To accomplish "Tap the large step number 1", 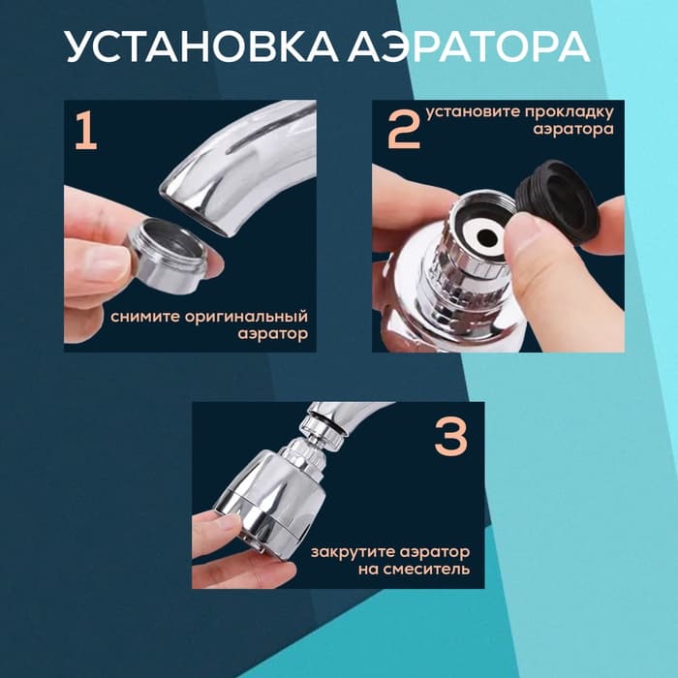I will pos(86,133).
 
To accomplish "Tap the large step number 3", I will pos(450,438).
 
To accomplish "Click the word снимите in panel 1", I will pos(145,317).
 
